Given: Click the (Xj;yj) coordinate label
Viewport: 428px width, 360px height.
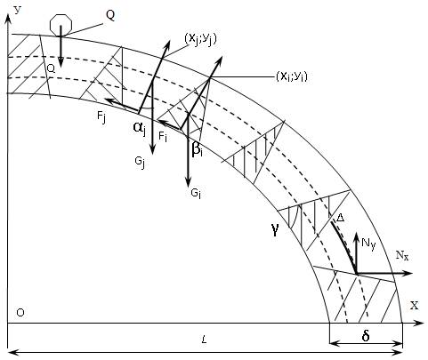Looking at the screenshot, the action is pos(200,39).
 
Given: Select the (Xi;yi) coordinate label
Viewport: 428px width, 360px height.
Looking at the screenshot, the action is pos(292,76).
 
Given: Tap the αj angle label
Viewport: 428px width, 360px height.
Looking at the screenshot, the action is pos(140,128).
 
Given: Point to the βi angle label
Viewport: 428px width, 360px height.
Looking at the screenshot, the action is pos(198,148).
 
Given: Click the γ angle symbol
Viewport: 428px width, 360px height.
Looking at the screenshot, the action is pos(275,229).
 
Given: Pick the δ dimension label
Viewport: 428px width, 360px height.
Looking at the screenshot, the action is pos(366,336).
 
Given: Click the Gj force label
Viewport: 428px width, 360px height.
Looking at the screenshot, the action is pos(140,162).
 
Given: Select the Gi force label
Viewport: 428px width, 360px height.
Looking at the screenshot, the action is pos(196,194).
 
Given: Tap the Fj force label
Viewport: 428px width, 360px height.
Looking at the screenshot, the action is pos(101,116).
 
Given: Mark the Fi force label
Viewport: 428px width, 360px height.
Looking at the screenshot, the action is pos(163,137).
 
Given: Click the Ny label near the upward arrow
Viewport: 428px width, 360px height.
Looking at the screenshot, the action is pos(368,244).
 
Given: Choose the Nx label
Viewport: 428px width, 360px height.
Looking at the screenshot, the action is pos(402,255).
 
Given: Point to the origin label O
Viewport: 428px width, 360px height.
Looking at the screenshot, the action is pos(20,313).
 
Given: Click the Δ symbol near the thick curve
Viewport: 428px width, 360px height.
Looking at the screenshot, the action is pos(340,218).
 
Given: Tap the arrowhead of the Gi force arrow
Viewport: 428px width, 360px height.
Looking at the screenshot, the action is pos(188,182).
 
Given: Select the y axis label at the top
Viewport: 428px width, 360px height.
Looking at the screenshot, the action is pos(18,10).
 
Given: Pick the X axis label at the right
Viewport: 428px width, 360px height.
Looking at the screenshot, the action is pos(415,305).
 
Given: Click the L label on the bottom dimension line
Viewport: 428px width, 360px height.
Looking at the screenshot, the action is pos(204,340).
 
